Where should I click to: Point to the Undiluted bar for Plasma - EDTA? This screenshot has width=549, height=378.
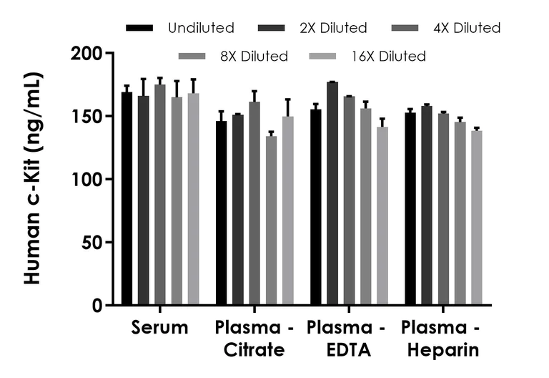(316, 207)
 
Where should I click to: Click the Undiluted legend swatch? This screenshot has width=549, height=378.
(139, 28)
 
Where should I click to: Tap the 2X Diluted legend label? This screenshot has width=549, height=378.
(334, 28)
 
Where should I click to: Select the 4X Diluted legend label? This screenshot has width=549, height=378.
(468, 28)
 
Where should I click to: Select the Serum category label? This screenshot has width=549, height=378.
(159, 329)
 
